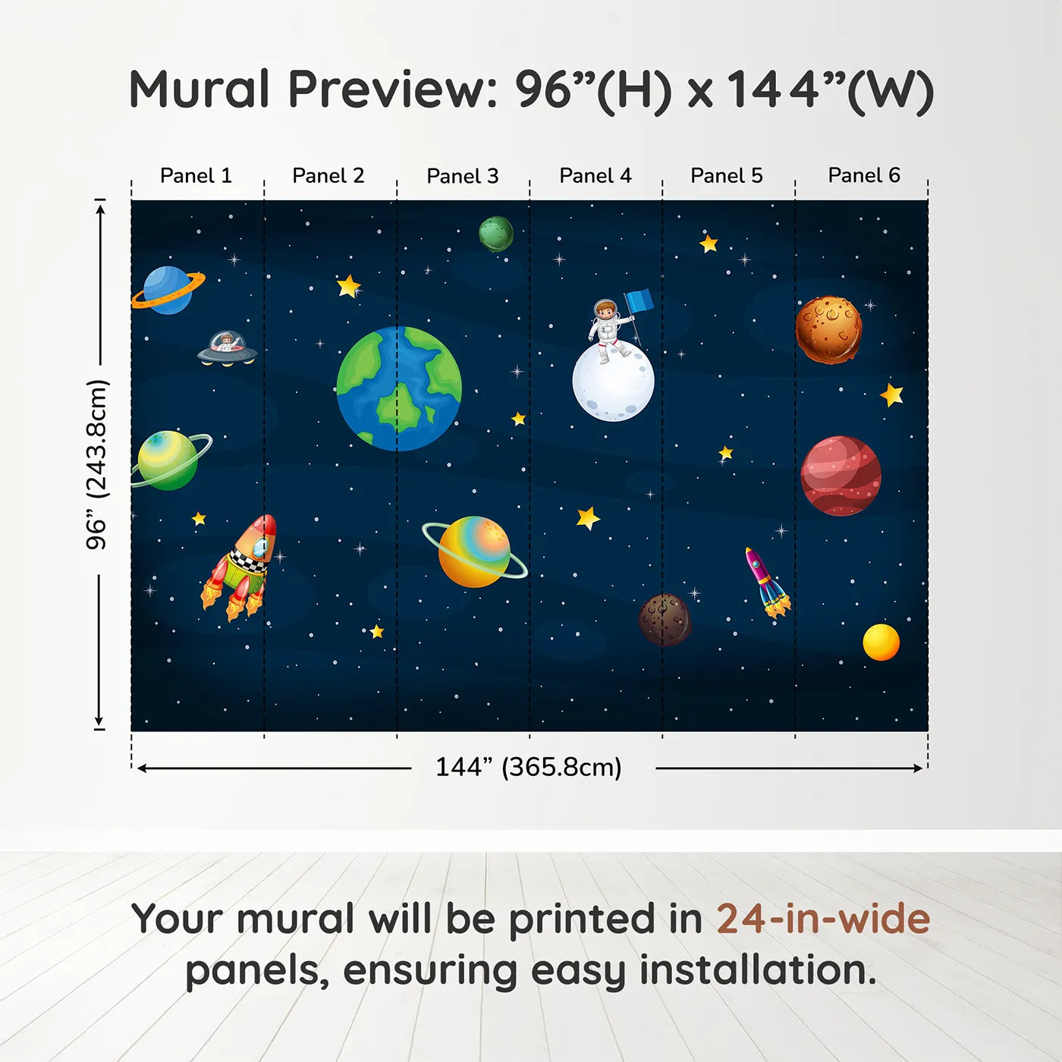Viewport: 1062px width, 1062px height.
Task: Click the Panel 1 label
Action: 196,176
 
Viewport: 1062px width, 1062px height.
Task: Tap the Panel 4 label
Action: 595,176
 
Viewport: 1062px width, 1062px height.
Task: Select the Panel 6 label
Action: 863,176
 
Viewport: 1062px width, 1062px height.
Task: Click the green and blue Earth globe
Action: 399,389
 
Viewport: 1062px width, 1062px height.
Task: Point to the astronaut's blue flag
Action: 639,301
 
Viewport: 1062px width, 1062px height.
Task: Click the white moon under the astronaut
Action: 613,382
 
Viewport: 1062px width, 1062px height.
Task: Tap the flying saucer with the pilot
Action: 227,349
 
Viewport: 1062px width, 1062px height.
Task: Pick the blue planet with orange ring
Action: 167,291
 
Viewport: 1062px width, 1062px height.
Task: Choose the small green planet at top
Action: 496,234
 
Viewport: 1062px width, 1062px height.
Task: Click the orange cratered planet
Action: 828,330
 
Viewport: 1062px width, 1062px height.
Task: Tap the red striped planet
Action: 840,476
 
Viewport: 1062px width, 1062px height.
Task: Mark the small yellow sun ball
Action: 881,643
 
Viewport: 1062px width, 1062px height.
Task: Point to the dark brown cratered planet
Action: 665,620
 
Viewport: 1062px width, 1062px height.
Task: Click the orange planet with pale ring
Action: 475,551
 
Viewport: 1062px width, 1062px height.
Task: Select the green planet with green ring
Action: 168,460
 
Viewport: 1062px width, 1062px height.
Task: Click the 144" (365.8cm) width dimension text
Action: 528,768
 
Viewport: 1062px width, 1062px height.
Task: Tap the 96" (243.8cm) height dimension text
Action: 97,464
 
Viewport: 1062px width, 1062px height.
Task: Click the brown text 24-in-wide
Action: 823,919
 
